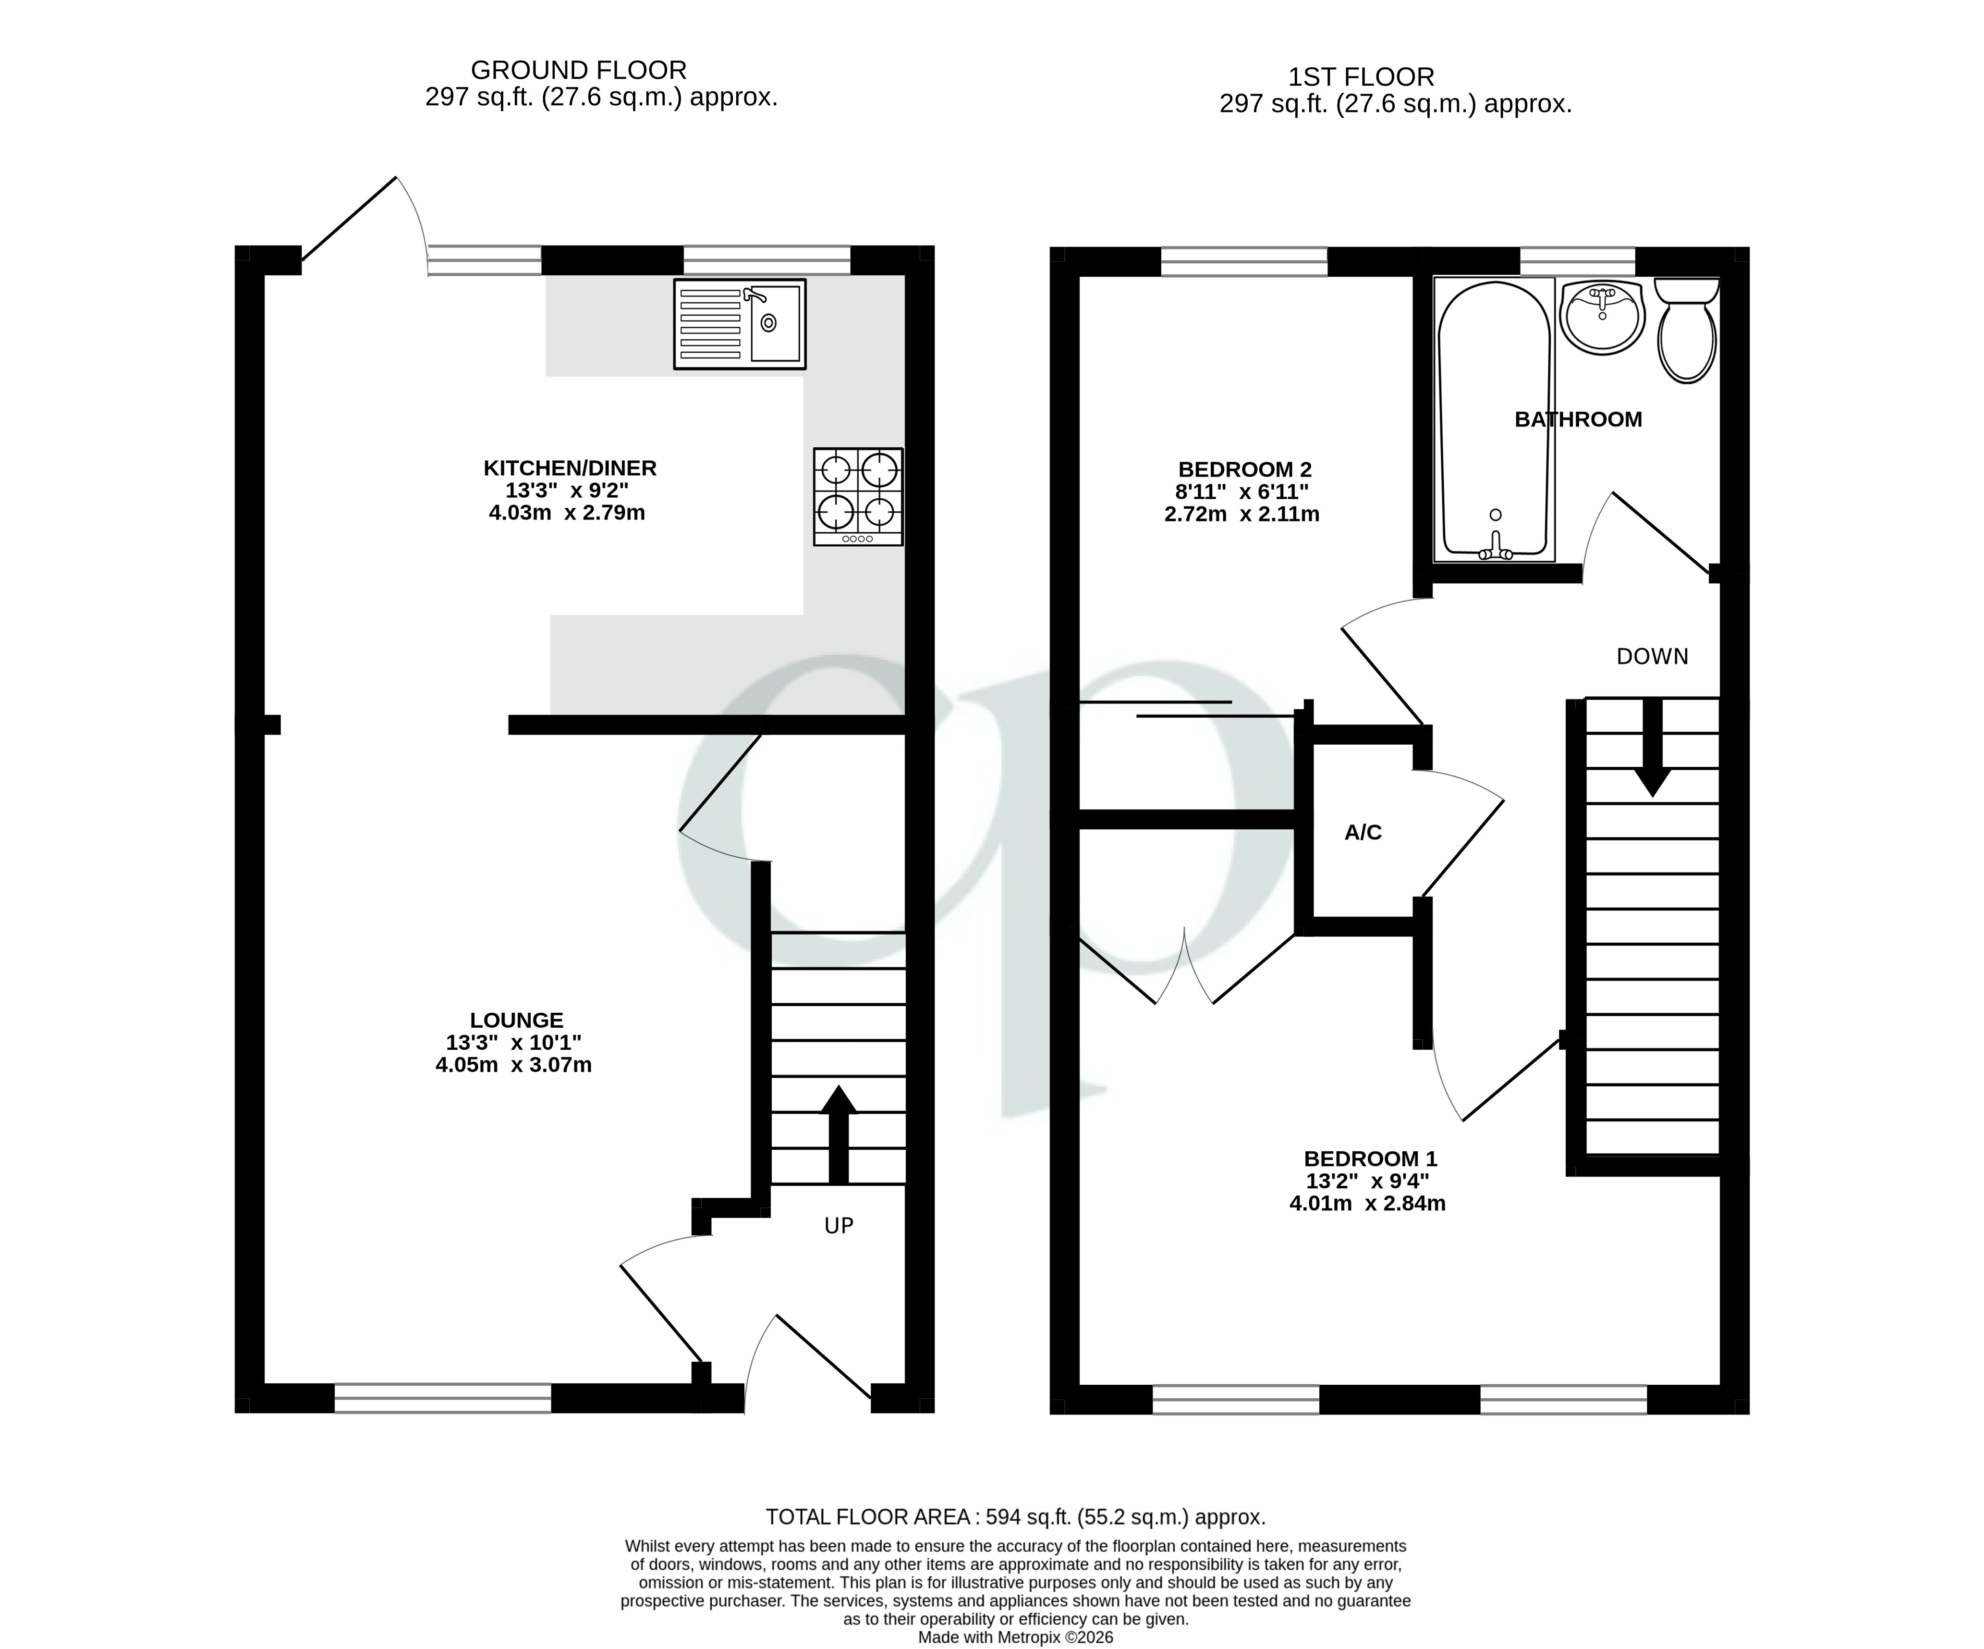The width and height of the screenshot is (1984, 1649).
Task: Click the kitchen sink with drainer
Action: (x=740, y=324)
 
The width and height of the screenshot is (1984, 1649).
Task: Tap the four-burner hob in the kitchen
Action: (x=858, y=496)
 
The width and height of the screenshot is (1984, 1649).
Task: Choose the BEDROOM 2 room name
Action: (x=1244, y=469)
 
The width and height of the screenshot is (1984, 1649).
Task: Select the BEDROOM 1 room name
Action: (x=1370, y=1158)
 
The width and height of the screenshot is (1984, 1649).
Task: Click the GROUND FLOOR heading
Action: (x=578, y=70)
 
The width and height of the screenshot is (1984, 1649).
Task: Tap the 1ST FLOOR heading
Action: (x=1362, y=76)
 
